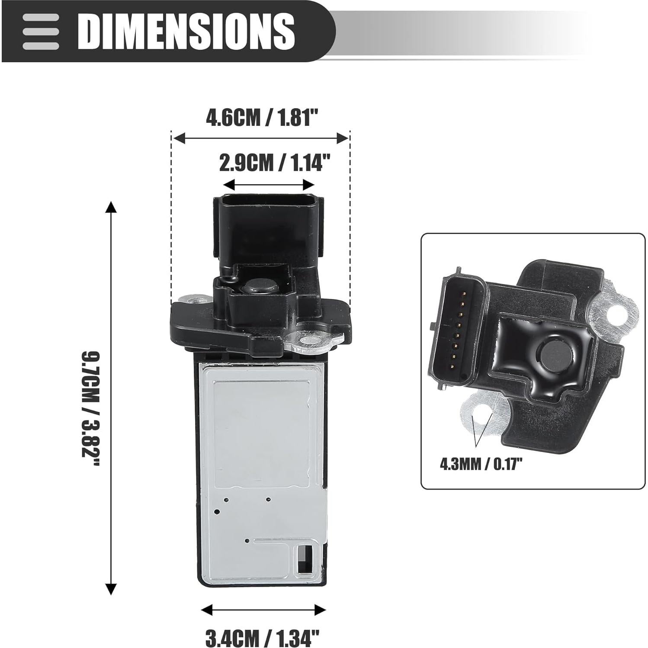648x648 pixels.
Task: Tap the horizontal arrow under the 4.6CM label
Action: (260, 138)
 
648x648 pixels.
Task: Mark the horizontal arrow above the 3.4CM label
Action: (263, 610)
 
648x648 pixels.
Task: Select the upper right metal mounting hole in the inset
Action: (615, 311)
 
